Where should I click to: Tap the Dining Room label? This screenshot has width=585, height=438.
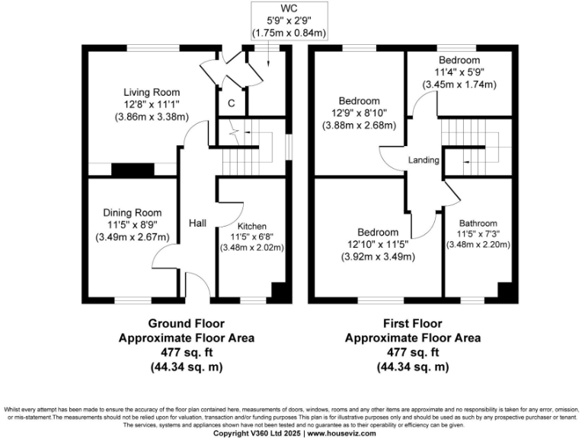pyautogui.click(x=132, y=213)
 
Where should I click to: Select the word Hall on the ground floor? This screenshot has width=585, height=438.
pyautogui.click(x=200, y=224)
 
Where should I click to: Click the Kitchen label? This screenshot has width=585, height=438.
pyautogui.click(x=251, y=227)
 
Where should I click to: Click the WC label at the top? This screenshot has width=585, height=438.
pyautogui.click(x=289, y=8)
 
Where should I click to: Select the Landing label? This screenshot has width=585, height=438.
pyautogui.click(x=423, y=160)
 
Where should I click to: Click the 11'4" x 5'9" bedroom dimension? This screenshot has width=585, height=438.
pyautogui.click(x=459, y=73)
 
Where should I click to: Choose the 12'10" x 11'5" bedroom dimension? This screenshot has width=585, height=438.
pyautogui.click(x=378, y=245)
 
